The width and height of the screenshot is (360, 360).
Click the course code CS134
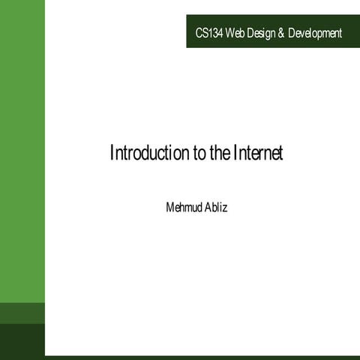[209, 33]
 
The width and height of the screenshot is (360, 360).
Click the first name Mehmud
[183, 205]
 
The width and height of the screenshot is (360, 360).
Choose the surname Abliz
[215, 205]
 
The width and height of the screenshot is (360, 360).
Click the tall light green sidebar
[22, 150]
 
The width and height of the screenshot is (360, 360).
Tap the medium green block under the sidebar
[22, 313]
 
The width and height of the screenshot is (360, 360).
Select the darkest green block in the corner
[22, 341]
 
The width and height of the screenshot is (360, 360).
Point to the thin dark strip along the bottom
[202, 357]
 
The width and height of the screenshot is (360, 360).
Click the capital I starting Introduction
[112, 154]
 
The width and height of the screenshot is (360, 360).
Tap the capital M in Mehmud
[169, 205]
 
